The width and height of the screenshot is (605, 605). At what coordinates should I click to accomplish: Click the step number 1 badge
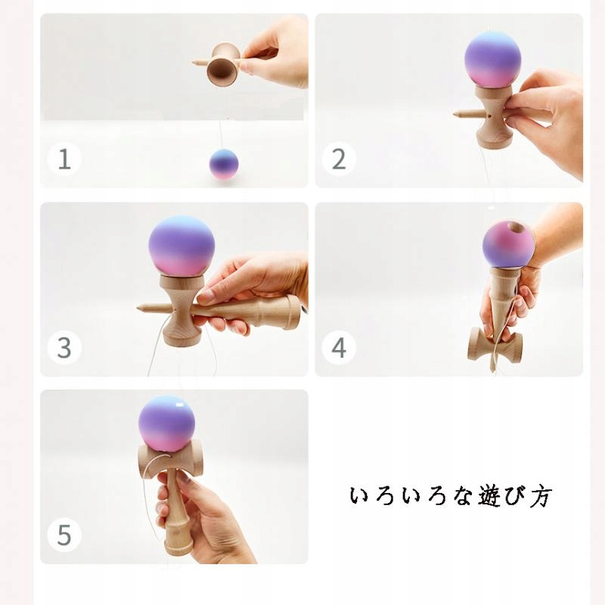click(64, 159)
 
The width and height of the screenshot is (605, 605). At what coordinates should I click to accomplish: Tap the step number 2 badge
click(338, 159)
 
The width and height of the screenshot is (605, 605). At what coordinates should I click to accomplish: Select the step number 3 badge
click(64, 347)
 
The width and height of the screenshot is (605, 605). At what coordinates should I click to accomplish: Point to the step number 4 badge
click(338, 347)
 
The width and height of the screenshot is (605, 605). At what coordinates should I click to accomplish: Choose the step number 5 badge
click(64, 535)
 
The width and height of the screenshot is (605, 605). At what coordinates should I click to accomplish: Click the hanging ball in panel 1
click(224, 164)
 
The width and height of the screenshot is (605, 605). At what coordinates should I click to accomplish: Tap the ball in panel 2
click(493, 60)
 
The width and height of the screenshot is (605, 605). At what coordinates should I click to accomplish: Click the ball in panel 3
click(181, 247)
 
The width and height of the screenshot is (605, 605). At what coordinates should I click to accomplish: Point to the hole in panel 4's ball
click(513, 227)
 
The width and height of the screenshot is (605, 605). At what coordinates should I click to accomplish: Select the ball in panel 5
click(166, 423)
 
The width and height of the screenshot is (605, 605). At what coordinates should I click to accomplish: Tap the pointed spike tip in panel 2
click(456, 114)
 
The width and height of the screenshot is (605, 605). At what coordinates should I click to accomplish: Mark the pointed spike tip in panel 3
click(139, 308)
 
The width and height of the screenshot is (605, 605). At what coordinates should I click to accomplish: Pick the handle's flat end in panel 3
click(295, 312)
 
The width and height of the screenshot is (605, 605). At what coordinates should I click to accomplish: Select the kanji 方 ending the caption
click(541, 496)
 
